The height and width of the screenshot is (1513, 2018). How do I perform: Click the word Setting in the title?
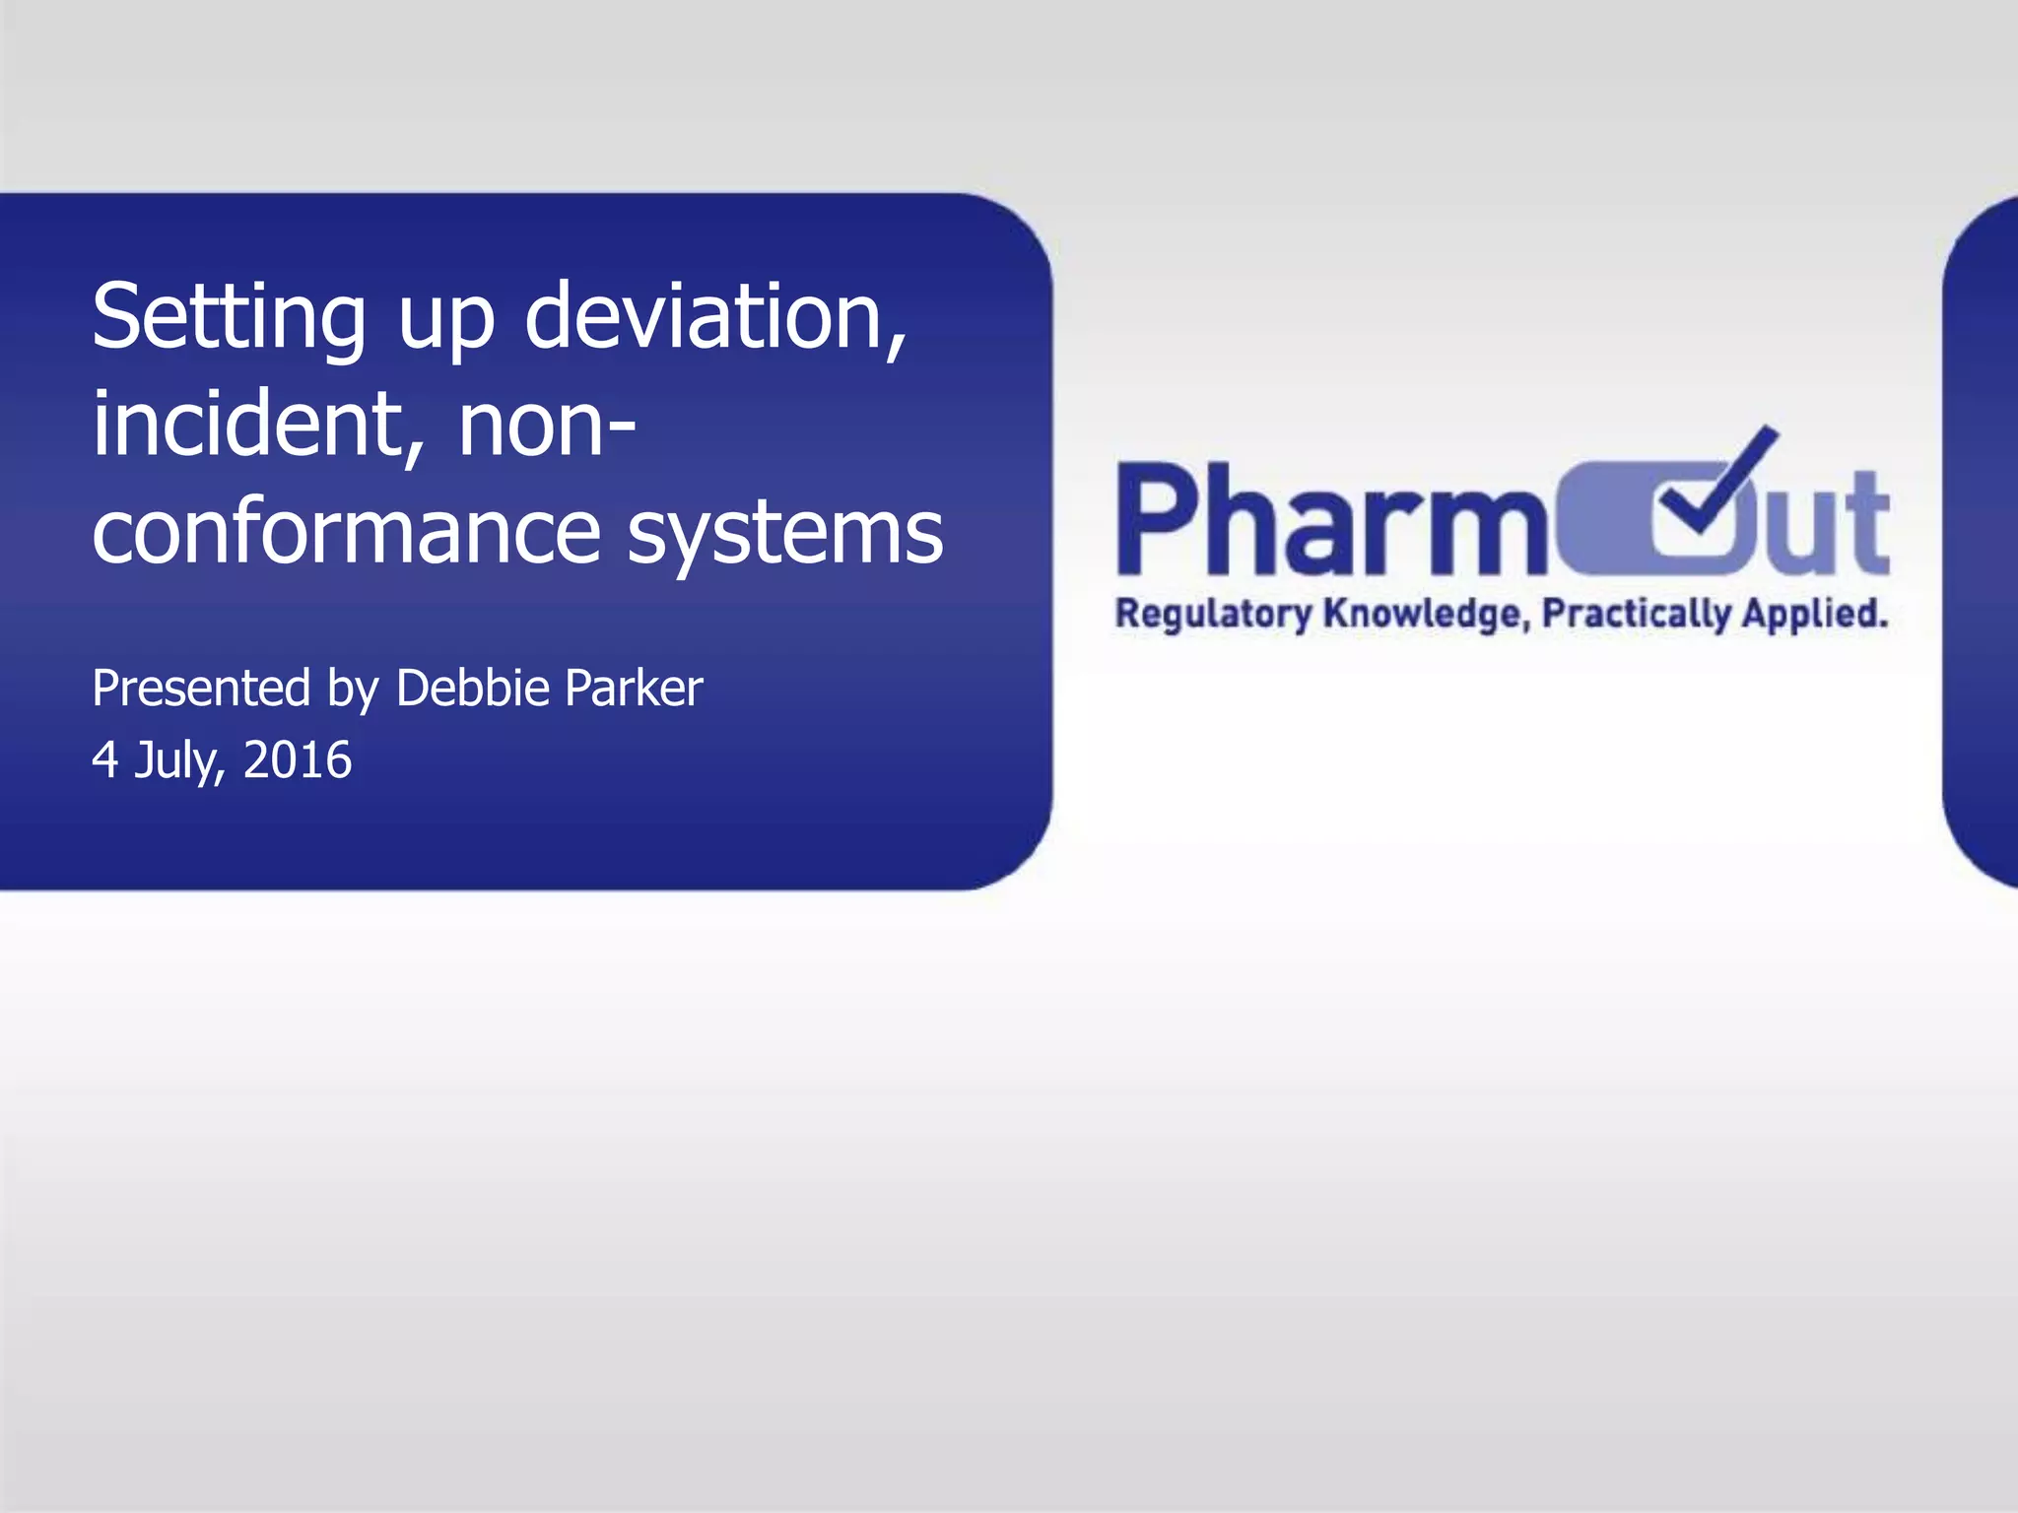[229, 317]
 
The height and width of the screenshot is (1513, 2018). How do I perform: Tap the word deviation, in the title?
[714, 317]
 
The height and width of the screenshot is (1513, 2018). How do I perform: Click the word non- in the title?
[547, 427]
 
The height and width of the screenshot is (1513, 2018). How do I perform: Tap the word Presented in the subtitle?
[201, 688]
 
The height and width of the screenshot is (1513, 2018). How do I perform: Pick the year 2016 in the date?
[297, 760]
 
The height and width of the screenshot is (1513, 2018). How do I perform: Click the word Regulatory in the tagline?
[1213, 614]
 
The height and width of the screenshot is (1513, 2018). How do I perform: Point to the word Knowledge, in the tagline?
[1426, 614]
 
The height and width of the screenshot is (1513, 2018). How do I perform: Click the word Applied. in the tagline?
[1814, 614]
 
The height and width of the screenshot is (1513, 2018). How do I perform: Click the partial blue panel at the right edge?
[1983, 542]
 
